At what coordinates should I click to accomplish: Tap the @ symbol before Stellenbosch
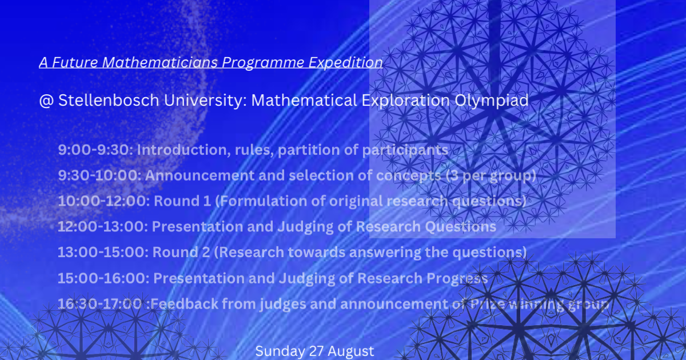46,101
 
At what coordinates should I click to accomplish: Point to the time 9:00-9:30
95,150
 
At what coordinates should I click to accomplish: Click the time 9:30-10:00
99,176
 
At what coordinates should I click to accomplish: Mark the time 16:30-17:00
100,304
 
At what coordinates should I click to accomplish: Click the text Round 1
182,202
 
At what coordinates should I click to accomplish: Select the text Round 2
182,253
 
